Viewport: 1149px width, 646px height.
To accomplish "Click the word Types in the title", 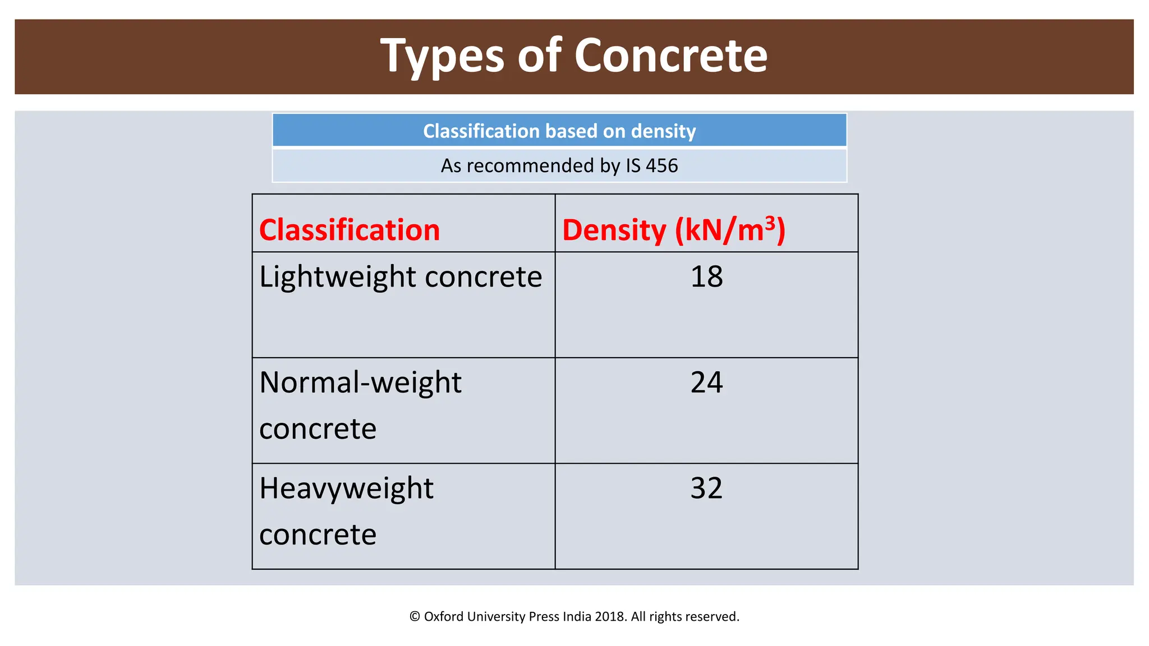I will pyautogui.click(x=442, y=56).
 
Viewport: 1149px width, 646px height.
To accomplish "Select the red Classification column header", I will pyautogui.click(x=350, y=230).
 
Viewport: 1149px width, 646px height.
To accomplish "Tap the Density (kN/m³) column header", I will pyautogui.click(x=673, y=230).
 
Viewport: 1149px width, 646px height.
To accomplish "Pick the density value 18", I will pyautogui.click(x=706, y=276).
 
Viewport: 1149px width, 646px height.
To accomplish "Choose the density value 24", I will pyautogui.click(x=706, y=382).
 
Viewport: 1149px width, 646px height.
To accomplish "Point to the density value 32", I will pyautogui.click(x=706, y=488).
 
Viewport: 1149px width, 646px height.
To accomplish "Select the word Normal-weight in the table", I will pyautogui.click(x=360, y=382).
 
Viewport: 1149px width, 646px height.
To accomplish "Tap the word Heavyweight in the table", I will pyautogui.click(x=346, y=488).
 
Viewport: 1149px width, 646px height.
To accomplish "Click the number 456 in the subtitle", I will pyautogui.click(x=662, y=166).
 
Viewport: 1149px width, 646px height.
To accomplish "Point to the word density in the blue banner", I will pyautogui.click(x=663, y=131).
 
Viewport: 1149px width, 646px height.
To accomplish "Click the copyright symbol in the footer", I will pyautogui.click(x=415, y=617).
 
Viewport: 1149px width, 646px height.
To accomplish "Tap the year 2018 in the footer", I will pyautogui.click(x=610, y=617).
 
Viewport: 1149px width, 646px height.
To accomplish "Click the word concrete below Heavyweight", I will pyautogui.click(x=318, y=534).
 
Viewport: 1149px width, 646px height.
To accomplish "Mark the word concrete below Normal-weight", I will pyautogui.click(x=318, y=429).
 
